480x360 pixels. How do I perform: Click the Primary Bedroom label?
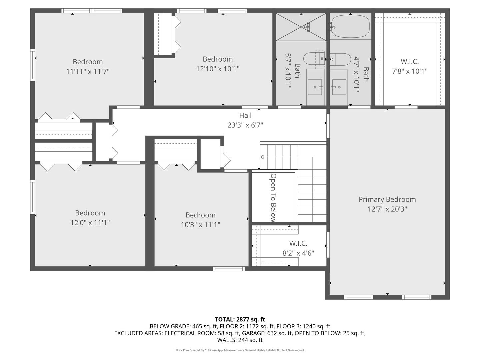[x=387, y=199]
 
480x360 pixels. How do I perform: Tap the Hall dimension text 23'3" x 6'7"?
[x=245, y=125]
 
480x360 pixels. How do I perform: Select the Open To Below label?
[x=273, y=198]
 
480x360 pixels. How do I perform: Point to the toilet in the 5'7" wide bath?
[x=314, y=59]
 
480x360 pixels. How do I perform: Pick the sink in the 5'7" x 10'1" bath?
[x=315, y=87]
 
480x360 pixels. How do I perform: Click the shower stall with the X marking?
[x=301, y=27]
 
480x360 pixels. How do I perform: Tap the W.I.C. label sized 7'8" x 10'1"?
[x=410, y=62]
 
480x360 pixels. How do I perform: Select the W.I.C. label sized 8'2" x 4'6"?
[x=298, y=243]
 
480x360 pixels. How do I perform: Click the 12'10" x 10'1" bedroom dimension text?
[x=218, y=69]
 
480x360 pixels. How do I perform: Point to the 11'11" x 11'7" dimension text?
[x=88, y=71]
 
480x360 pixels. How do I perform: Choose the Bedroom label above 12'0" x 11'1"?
[x=90, y=213]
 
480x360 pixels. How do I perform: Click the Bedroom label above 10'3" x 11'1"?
[x=200, y=215]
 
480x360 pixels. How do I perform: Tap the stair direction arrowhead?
[x=262, y=157]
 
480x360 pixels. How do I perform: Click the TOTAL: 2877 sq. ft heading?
[x=240, y=319]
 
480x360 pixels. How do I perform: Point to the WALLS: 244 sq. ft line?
[x=240, y=340]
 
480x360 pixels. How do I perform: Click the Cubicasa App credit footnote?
[x=240, y=350]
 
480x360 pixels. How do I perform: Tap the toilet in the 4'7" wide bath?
[x=340, y=59]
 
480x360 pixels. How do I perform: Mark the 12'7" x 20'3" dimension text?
[x=387, y=209]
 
